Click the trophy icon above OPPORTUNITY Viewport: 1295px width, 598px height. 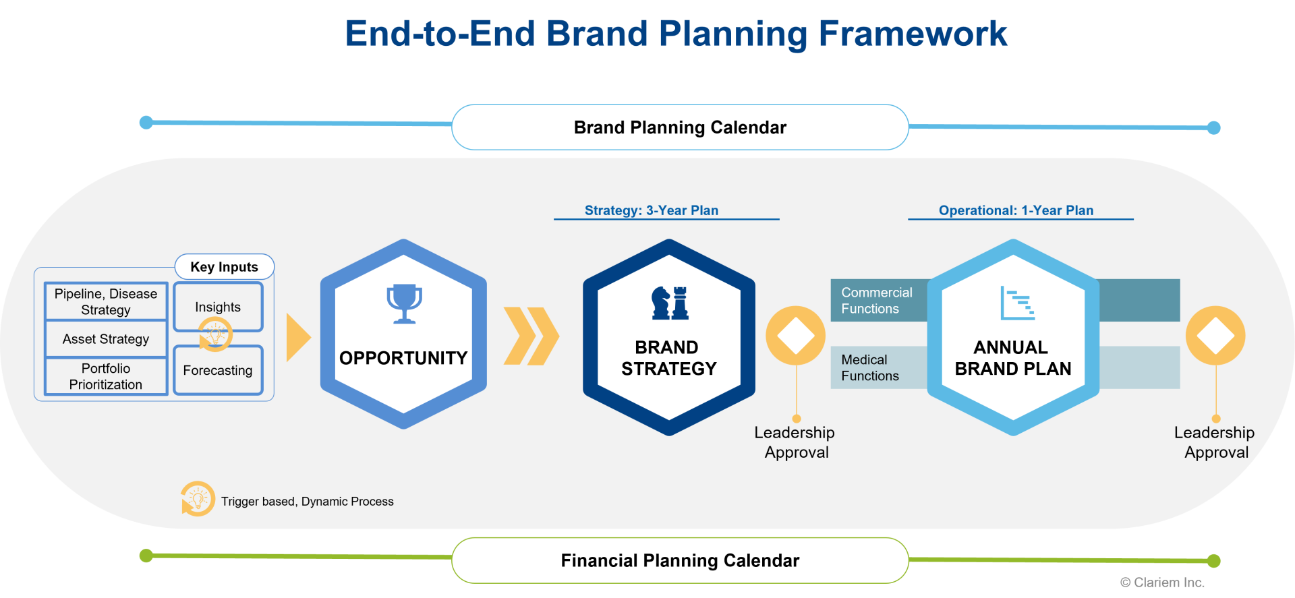coord(404,304)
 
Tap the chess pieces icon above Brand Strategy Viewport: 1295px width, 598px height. coord(670,303)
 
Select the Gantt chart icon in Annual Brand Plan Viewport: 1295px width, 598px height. coord(1017,303)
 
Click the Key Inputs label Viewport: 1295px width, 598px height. coord(225,267)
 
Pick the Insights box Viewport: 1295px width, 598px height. coord(218,307)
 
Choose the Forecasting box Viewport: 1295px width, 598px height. coord(218,370)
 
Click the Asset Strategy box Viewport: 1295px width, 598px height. coord(106,339)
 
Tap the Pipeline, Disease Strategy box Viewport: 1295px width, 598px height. coord(106,301)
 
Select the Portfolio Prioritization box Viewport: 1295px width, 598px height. coord(106,376)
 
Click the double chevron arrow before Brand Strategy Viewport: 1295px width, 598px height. coord(531,336)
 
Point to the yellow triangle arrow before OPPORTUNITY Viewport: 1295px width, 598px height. coord(298,337)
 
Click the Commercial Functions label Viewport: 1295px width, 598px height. coord(876,301)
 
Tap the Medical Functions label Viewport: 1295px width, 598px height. coord(870,368)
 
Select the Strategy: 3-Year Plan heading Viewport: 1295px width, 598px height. coord(652,210)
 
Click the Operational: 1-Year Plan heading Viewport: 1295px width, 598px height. coord(1016,210)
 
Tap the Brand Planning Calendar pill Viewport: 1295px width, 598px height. coord(680,127)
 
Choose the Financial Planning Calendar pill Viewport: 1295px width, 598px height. coord(680,560)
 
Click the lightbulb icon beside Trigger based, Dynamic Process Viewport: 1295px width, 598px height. coord(198,499)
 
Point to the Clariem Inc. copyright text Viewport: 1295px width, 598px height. coord(1162,582)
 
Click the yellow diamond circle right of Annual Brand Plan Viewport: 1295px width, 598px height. coord(1215,336)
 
